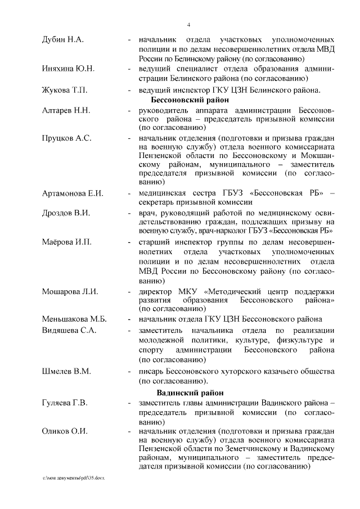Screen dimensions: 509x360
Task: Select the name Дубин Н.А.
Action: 63,41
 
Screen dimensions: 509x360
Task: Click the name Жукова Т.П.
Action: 65,90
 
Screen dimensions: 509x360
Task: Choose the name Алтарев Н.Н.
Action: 66,110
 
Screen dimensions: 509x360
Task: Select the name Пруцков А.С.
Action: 67,138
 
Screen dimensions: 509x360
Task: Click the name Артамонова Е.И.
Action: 73,193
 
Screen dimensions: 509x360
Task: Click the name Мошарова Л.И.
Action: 70,291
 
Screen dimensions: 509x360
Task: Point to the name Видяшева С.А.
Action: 70,330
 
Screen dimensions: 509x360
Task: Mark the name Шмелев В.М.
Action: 66,372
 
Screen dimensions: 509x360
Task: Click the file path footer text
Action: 74,477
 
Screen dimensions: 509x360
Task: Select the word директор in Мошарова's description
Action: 157,291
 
